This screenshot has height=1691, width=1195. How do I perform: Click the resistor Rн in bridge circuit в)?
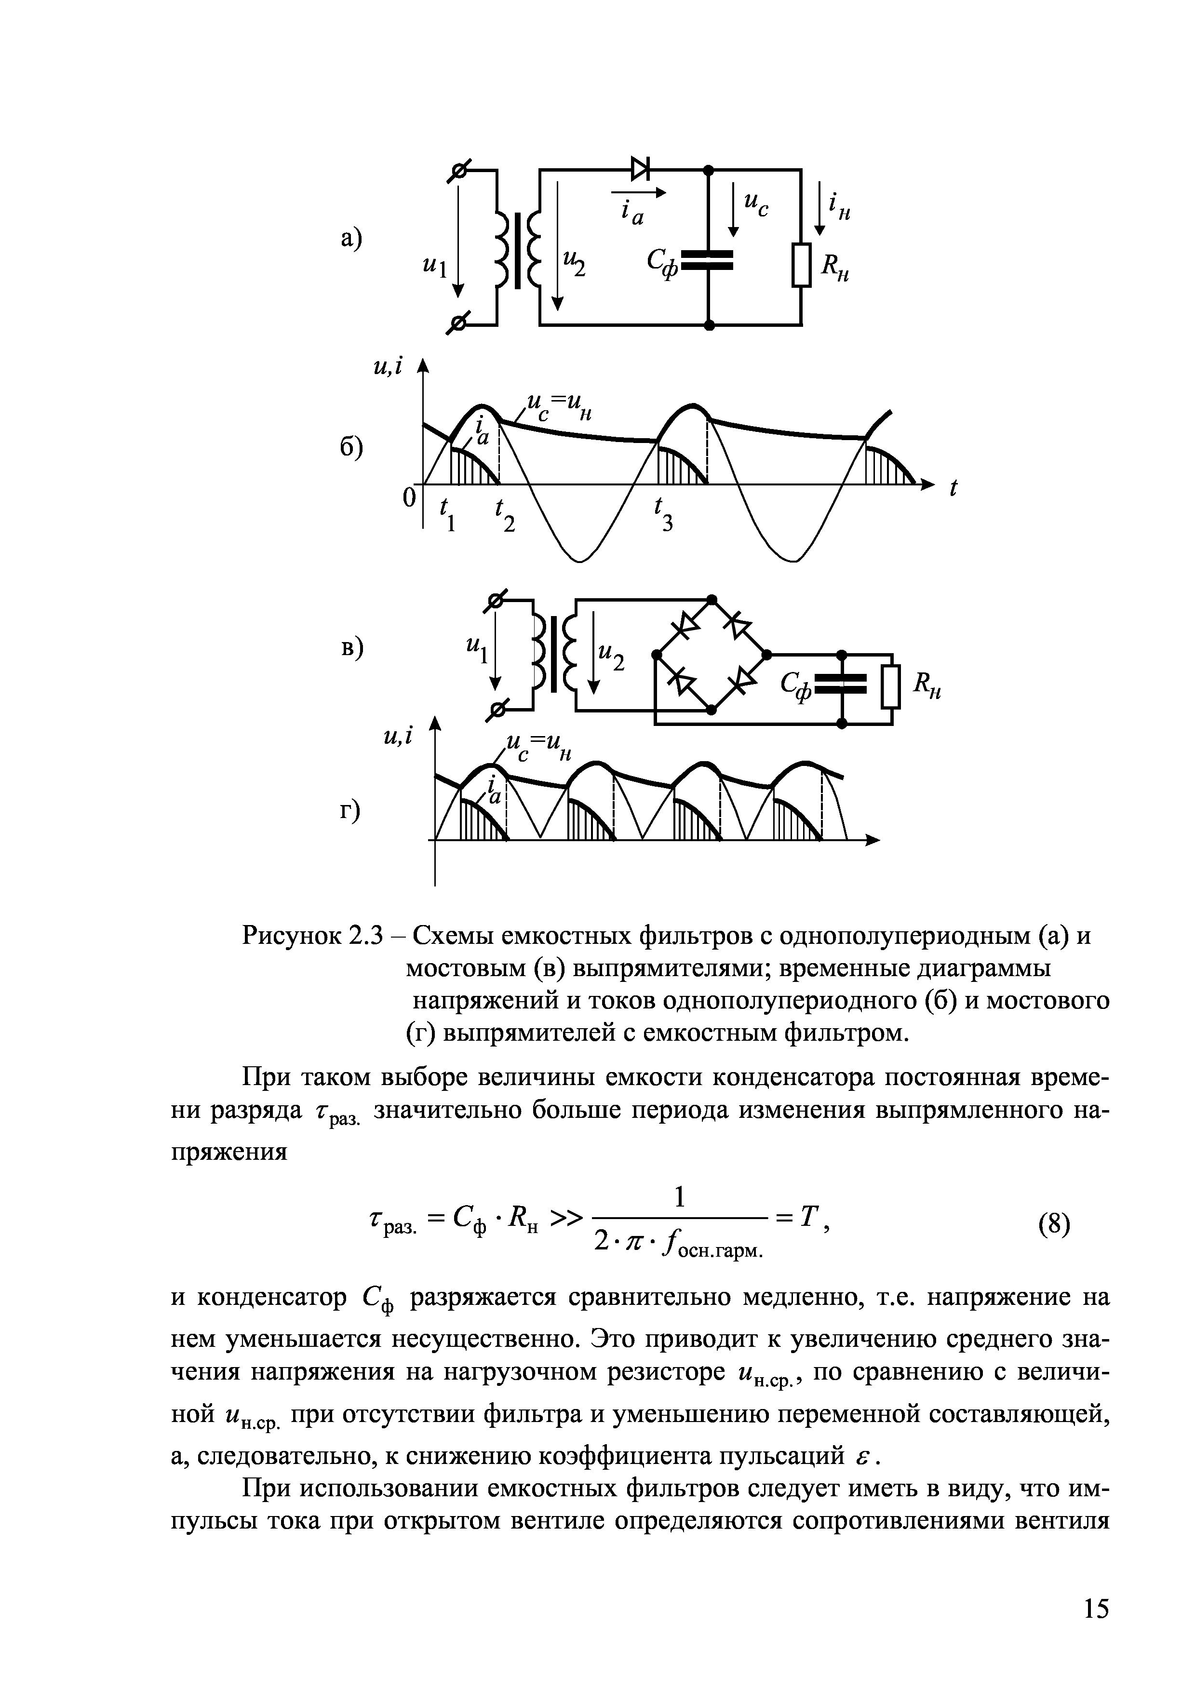click(x=891, y=686)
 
